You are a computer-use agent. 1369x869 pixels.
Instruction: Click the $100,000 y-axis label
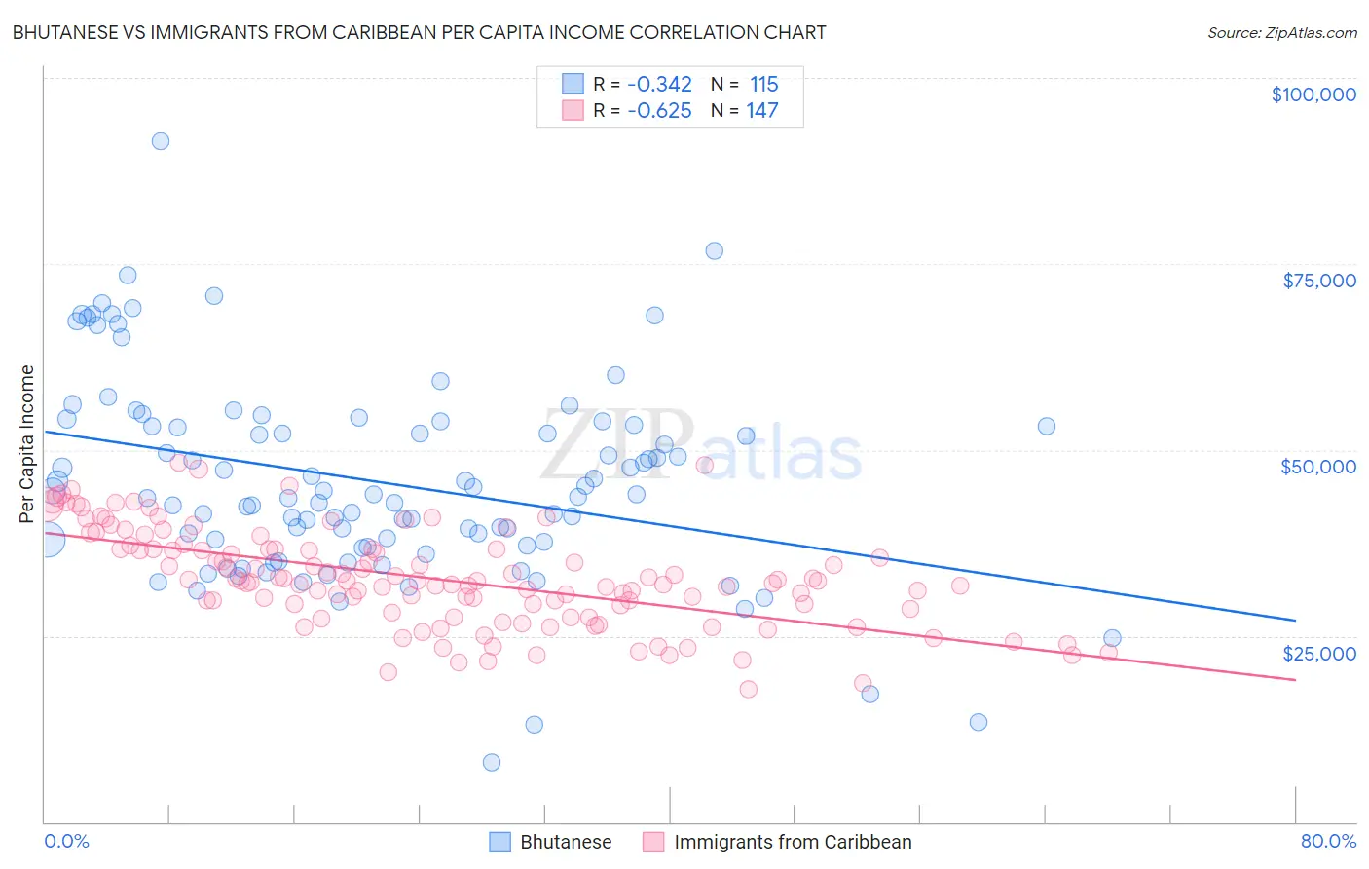click(1313, 94)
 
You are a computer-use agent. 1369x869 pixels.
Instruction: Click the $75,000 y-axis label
click(1319, 281)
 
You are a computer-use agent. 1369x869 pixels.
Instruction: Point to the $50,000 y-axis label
click(1318, 467)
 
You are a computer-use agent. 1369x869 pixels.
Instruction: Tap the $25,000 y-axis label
click(1319, 653)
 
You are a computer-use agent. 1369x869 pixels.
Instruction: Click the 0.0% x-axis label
click(66, 841)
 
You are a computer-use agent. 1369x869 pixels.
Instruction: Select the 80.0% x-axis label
click(1328, 841)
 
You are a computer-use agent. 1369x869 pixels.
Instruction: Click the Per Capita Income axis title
click(27, 443)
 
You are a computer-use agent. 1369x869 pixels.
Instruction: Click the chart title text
click(419, 32)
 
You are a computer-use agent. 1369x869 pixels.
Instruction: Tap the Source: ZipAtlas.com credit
click(1281, 32)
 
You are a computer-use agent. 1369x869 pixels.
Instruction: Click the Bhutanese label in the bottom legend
click(566, 842)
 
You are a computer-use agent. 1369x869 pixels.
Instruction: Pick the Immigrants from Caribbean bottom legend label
click(793, 842)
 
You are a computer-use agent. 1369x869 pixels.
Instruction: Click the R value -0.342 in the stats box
click(659, 85)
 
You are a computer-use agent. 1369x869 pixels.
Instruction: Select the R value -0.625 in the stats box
click(659, 110)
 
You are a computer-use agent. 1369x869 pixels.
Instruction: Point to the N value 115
click(763, 85)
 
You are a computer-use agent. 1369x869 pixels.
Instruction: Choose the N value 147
click(762, 110)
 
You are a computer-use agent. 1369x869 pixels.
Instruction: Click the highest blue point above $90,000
click(161, 141)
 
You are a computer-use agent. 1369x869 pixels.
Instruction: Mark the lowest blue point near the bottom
click(492, 762)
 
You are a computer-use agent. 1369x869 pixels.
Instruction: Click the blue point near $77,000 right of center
click(714, 250)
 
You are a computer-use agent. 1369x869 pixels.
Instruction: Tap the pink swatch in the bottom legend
click(653, 842)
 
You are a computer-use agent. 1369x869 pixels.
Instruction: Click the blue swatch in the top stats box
click(573, 85)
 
